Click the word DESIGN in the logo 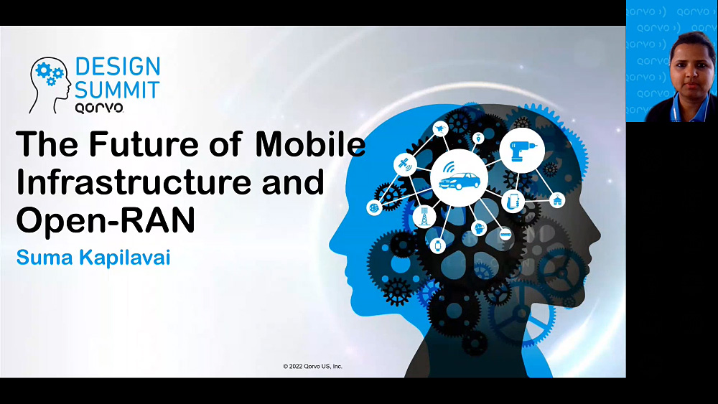click(x=118, y=66)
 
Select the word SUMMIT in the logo click(x=117, y=90)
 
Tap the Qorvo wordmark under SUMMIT click(x=99, y=108)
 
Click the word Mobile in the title click(x=310, y=144)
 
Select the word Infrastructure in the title click(x=134, y=182)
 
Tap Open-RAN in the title click(x=106, y=220)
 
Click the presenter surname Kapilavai click(x=124, y=258)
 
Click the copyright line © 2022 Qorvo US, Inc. click(x=313, y=366)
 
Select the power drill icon click(x=521, y=150)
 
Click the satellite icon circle click(x=405, y=164)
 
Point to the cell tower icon click(x=424, y=216)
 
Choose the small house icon click(x=557, y=200)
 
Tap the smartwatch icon click(x=438, y=245)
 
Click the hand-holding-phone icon click(x=513, y=201)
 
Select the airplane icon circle click(x=440, y=129)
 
